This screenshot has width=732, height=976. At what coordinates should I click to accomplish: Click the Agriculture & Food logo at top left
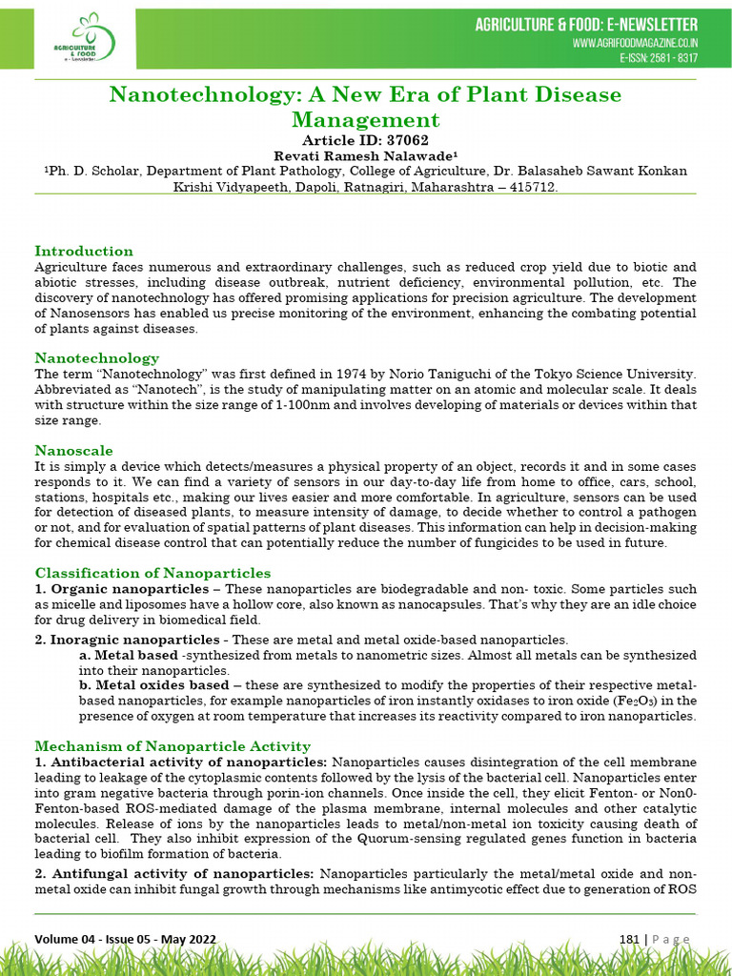(85, 39)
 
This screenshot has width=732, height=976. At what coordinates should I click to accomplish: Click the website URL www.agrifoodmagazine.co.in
(635, 44)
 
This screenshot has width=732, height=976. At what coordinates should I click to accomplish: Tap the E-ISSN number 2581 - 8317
(659, 58)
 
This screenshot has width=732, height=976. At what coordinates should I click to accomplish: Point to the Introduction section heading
(84, 251)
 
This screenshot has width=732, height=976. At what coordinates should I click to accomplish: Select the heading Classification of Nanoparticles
(152, 573)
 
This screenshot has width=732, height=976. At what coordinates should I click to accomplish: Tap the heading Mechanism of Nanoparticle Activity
(173, 746)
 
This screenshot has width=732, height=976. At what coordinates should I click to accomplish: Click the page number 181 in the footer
(629, 940)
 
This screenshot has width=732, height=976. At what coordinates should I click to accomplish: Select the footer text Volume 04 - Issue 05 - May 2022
(126, 940)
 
